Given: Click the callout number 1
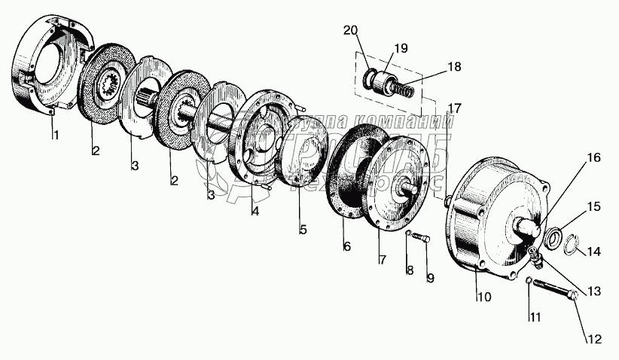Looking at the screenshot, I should pyautogui.click(x=53, y=136).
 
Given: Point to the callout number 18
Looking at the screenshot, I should pyautogui.click(x=454, y=67).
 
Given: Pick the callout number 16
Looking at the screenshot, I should pyautogui.click(x=594, y=158).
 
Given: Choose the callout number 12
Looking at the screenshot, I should pyautogui.click(x=595, y=339).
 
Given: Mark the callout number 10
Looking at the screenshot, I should pyautogui.click(x=483, y=297).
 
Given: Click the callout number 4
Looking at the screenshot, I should pyautogui.click(x=255, y=212).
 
